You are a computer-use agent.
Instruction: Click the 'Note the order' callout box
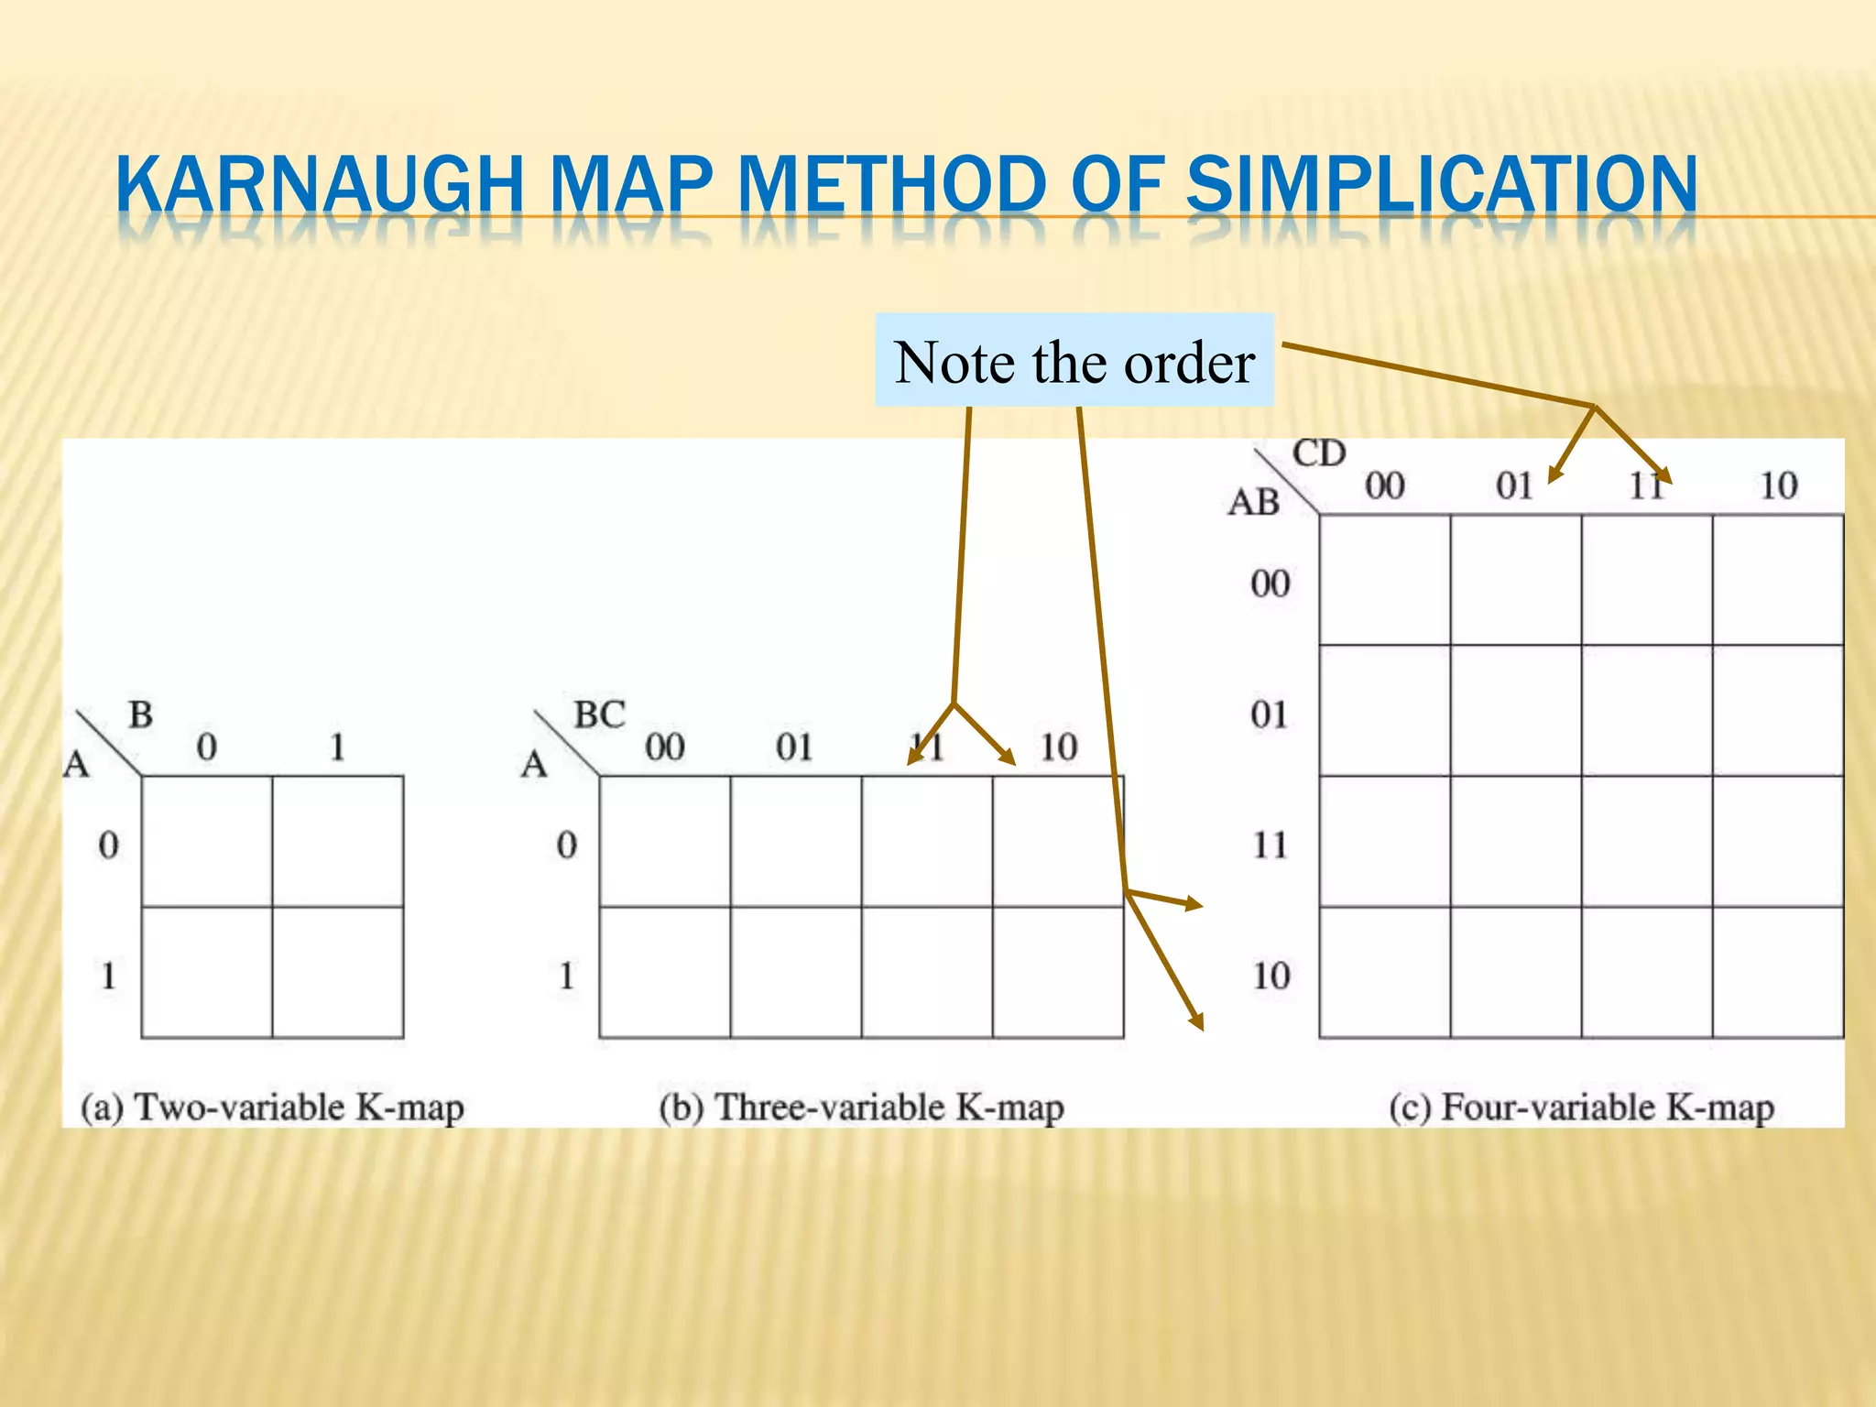(1074, 360)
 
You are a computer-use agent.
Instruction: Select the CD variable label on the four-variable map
(1319, 453)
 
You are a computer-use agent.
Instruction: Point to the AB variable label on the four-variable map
(1254, 502)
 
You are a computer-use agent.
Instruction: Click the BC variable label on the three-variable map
(599, 714)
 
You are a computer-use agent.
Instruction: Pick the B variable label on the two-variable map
(140, 714)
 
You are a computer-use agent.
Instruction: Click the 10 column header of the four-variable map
(1778, 485)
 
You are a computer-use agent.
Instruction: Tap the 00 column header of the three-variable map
(664, 747)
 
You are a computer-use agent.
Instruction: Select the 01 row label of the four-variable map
(1270, 714)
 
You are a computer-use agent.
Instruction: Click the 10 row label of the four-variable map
(1271, 976)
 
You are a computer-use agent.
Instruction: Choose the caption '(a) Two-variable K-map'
(272, 1107)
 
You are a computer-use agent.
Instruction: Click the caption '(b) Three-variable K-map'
(861, 1107)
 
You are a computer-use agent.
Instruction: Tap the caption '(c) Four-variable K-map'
(1581, 1107)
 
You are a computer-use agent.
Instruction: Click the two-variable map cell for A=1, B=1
(338, 972)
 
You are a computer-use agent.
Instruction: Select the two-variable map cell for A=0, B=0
(207, 841)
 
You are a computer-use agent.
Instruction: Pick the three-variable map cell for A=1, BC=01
(796, 972)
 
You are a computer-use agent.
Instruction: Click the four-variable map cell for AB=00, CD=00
(1385, 580)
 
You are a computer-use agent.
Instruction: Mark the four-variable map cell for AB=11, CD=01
(1516, 841)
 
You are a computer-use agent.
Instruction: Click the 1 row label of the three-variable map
(567, 976)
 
